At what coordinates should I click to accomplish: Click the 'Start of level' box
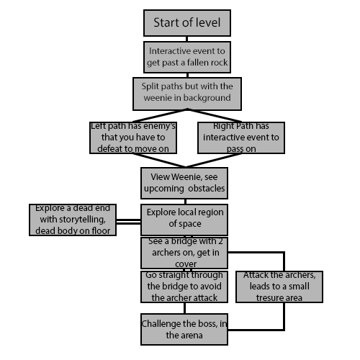tap(187, 23)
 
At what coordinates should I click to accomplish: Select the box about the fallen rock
tap(187, 57)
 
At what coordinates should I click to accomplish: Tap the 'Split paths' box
tap(187, 94)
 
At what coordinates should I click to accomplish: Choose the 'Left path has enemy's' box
tap(133, 138)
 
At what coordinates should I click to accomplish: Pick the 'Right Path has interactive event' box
tap(241, 138)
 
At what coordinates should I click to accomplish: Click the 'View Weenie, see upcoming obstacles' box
tap(184, 183)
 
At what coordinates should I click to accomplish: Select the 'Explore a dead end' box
tap(73, 220)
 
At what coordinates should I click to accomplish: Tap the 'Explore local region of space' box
tap(184, 220)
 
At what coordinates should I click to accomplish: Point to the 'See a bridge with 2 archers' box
tap(184, 253)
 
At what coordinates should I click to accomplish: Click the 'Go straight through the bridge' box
tap(184, 287)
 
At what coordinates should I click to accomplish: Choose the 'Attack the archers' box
tap(279, 287)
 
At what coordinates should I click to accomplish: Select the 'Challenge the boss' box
tap(184, 329)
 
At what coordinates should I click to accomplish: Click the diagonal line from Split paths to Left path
tap(160, 116)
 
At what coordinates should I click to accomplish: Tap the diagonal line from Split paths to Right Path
tap(215, 116)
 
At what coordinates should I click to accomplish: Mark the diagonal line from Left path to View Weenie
tap(159, 160)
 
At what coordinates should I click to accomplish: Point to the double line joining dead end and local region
tap(128, 222)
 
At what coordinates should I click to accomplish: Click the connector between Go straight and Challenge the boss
tap(184, 308)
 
